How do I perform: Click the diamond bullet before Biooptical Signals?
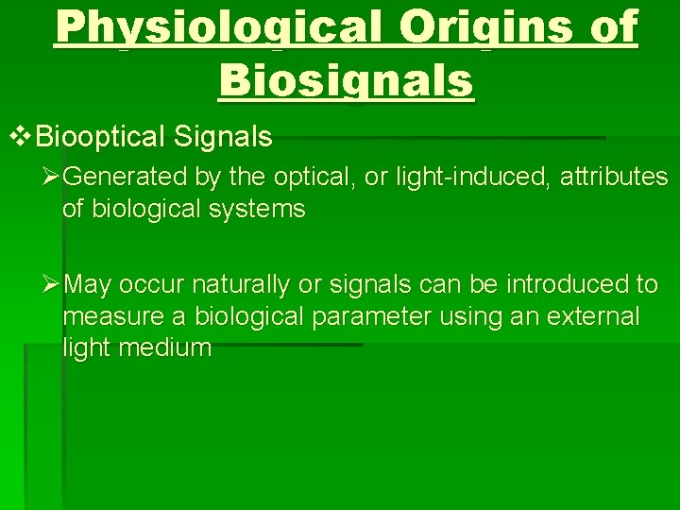pyautogui.click(x=20, y=138)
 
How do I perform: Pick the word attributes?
pyautogui.click(x=616, y=177)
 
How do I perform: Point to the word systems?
pyautogui.click(x=259, y=209)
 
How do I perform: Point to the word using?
pyautogui.click(x=468, y=315)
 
